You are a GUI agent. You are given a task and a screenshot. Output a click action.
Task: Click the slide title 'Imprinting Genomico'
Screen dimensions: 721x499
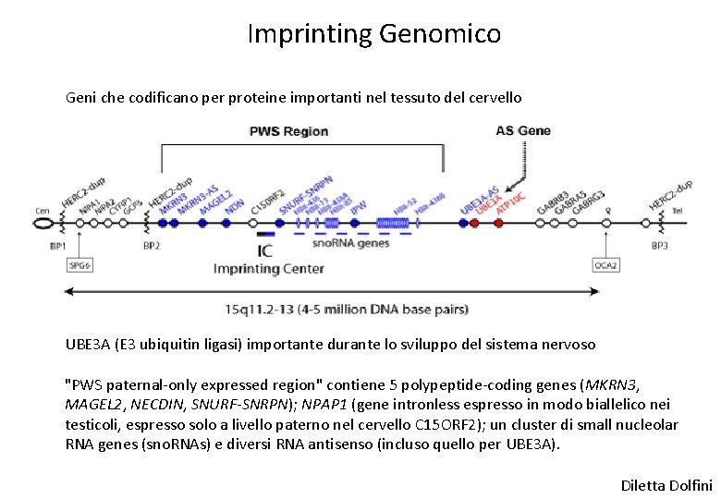pos(374,34)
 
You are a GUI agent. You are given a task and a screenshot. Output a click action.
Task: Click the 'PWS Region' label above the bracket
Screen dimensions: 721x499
pos(288,131)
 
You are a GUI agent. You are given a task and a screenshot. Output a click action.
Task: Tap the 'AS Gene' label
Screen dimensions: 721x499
pos(523,130)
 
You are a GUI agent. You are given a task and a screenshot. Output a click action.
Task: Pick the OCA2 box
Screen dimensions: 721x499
pos(605,265)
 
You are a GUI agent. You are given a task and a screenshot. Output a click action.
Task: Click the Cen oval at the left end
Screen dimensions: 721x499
pos(43,223)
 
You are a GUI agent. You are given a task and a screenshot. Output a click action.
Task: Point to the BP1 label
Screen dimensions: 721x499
pos(56,246)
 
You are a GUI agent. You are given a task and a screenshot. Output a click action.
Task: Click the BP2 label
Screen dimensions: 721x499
pos(152,246)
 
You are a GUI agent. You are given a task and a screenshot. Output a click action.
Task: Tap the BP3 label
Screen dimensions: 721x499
pos(659,246)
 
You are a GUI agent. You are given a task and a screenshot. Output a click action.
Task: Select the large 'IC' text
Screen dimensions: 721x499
pos(266,250)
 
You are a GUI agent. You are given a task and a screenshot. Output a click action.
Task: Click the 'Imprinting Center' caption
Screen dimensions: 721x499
pos(268,269)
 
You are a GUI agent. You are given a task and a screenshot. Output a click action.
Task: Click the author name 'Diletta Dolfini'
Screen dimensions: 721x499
pos(666,484)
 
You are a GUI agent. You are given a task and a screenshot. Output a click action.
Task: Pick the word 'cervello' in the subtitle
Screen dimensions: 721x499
pos(495,97)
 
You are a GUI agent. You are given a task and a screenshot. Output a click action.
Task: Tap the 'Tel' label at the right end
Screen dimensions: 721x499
pos(678,211)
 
